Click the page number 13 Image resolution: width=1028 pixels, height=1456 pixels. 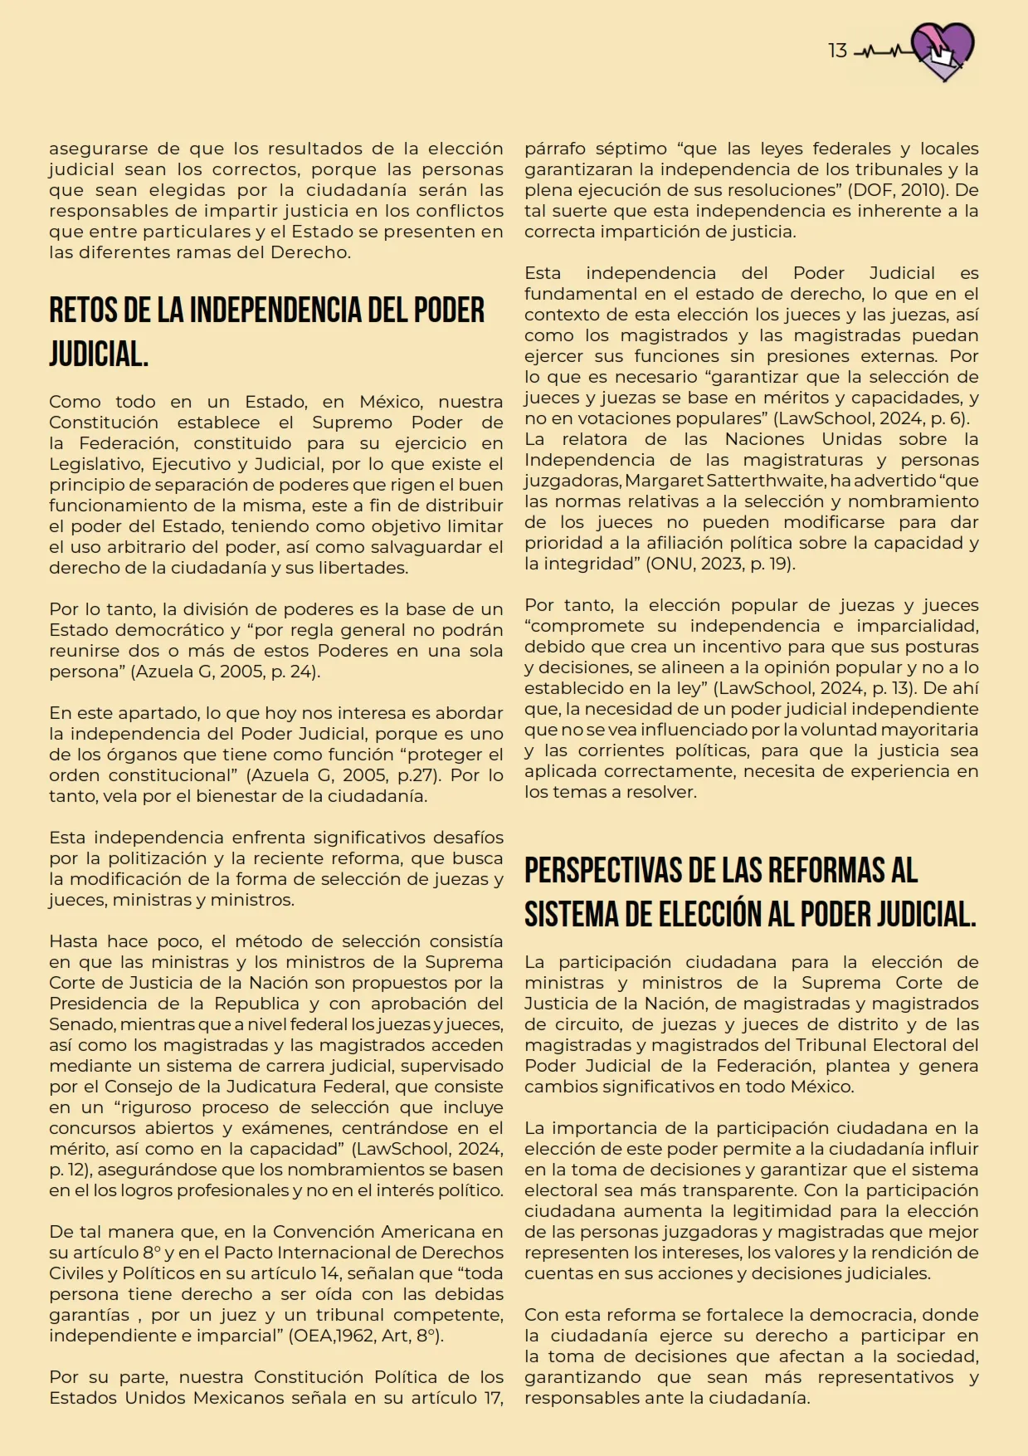tap(837, 51)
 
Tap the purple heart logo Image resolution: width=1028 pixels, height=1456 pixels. tap(943, 51)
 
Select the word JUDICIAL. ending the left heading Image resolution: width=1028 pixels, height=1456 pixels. tap(99, 354)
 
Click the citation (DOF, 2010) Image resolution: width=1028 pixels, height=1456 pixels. tap(889, 190)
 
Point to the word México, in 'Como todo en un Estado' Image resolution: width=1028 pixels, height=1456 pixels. tap(389, 402)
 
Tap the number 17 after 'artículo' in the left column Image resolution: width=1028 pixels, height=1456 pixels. tap(490, 1398)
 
